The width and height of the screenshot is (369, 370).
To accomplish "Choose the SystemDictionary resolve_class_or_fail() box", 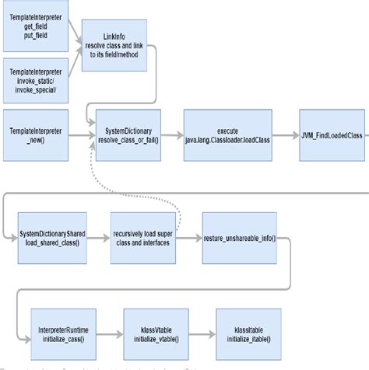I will point(128,134).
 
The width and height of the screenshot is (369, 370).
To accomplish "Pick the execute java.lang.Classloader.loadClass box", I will point(226,134).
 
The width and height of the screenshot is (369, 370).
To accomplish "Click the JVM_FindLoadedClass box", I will point(332,135).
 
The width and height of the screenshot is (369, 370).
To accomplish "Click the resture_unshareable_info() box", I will point(240,236).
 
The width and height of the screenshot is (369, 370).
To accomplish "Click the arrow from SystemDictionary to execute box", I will point(174,135).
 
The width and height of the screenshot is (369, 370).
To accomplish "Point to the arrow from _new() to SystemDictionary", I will point(79,135).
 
